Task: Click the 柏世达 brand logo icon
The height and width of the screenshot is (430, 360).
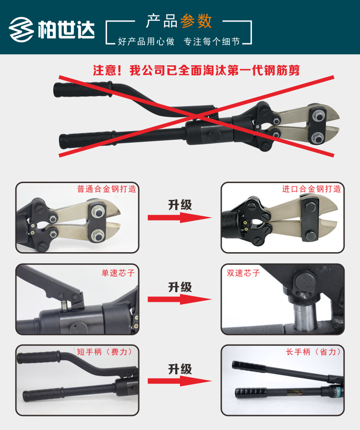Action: tap(22, 29)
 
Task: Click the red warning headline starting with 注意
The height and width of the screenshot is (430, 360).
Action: tap(196, 70)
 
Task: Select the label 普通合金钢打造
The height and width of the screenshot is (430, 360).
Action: tap(107, 189)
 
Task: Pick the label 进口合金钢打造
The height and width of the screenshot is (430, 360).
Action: tap(312, 189)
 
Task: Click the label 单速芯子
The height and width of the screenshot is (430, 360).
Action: tap(118, 272)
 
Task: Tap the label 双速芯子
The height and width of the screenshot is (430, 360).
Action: tap(243, 272)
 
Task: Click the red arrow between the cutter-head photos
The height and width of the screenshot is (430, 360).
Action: tap(180, 218)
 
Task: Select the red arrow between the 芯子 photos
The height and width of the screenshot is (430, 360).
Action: tap(180, 299)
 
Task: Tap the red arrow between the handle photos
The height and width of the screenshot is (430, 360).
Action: tap(180, 381)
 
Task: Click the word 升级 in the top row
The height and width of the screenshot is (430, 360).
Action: tap(180, 205)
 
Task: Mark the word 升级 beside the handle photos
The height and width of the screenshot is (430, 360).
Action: tap(180, 369)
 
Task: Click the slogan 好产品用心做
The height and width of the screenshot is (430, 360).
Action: tap(146, 41)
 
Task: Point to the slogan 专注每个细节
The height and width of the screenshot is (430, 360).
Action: tap(212, 41)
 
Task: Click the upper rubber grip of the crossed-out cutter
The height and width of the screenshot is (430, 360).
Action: tap(83, 89)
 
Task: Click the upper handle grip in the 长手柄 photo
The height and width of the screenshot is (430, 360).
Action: tap(249, 367)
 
